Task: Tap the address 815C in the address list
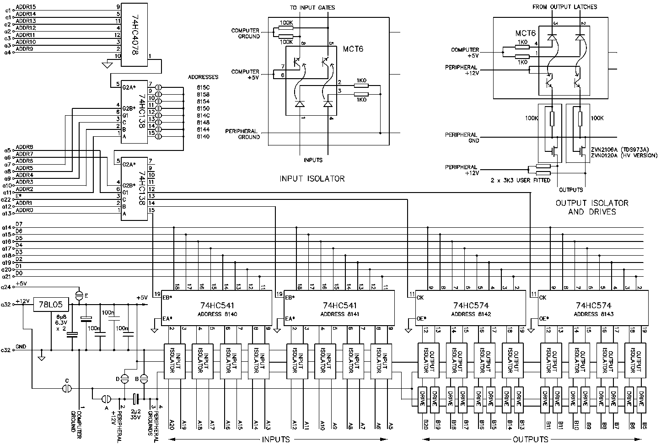203,87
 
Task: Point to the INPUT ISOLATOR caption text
312,179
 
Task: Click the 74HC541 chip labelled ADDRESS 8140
217,309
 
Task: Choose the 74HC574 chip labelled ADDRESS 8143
594,309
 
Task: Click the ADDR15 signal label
26,7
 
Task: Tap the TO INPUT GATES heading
312,7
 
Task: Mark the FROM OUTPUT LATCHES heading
565,7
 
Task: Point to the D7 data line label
19,224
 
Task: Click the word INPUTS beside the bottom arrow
276,440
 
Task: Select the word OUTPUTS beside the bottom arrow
530,440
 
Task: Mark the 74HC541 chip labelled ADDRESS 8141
339,309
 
